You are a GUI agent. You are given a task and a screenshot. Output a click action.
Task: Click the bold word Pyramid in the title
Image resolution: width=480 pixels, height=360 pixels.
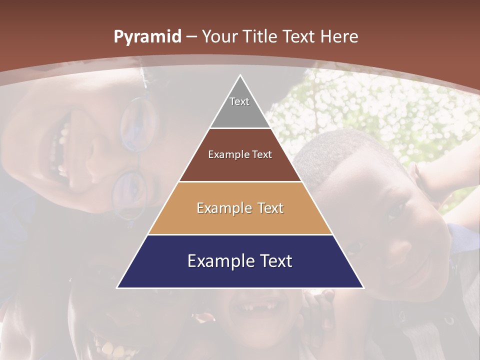[147, 37]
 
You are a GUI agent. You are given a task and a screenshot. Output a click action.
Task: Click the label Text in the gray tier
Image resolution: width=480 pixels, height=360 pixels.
[239, 101]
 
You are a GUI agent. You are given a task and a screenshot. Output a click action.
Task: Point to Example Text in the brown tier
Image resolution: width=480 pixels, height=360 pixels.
[240, 154]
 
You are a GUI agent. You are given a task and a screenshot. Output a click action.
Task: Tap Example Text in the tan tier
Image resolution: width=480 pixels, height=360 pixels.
[240, 208]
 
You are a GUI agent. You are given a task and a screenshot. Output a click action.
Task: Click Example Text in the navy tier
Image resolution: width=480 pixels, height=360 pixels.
[240, 261]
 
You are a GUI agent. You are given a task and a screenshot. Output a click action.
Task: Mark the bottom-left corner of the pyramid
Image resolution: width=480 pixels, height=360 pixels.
[117, 287]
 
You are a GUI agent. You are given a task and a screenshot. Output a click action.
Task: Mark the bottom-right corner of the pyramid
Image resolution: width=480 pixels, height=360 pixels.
[363, 287]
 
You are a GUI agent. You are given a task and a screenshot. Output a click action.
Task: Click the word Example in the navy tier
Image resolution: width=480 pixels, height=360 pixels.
[218, 261]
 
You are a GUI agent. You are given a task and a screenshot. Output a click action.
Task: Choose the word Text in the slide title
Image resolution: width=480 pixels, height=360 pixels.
[300, 36]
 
